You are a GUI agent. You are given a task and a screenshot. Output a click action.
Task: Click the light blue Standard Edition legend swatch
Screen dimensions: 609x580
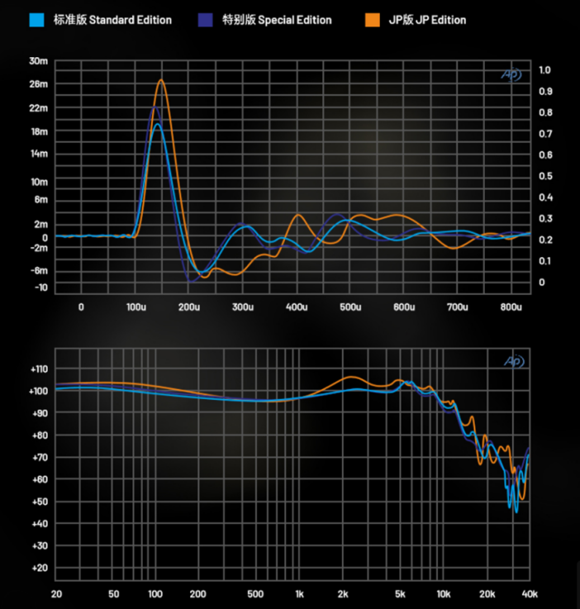tap(35, 19)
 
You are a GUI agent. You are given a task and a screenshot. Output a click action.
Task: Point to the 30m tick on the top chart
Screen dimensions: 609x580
tap(38, 61)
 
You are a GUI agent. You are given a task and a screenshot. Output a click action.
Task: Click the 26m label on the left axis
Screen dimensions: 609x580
tap(38, 84)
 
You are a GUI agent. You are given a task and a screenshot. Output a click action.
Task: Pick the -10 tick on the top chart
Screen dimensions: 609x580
tap(40, 288)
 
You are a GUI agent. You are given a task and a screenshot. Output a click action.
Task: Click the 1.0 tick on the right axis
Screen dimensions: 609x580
tap(544, 69)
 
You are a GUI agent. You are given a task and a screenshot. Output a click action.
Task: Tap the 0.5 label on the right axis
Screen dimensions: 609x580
tap(544, 176)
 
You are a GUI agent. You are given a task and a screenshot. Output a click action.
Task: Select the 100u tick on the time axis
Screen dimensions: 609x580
tap(135, 307)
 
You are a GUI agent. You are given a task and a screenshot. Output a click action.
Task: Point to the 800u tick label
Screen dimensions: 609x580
tap(511, 307)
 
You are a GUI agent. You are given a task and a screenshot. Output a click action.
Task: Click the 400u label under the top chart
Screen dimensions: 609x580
tap(297, 307)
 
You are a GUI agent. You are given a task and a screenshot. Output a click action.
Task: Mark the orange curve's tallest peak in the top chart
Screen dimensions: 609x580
tap(161, 80)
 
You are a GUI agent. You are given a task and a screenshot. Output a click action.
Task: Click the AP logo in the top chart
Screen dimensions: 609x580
tap(512, 74)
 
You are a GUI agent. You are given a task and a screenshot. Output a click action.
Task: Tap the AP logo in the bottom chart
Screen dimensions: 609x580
tap(512, 361)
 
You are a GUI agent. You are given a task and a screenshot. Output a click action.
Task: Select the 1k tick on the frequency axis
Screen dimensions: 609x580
tap(299, 594)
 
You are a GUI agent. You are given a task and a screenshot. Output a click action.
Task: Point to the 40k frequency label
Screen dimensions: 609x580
tap(528, 594)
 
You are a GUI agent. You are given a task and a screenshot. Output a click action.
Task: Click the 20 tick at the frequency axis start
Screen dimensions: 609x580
tap(56, 594)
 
